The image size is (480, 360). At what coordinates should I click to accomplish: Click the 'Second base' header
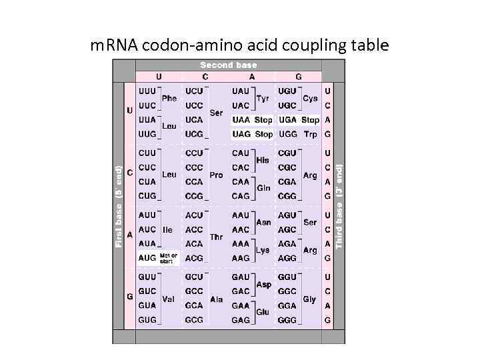pos(228,65)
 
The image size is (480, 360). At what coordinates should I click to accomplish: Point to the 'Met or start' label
pos(169,258)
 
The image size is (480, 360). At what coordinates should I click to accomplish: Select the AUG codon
pos(147,258)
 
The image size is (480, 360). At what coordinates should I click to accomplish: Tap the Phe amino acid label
pos(169,98)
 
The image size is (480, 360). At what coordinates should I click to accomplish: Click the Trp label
pos(310,134)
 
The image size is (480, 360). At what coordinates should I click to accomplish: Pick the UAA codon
pos(241,120)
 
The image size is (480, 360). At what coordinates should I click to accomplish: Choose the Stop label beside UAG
pos(264,134)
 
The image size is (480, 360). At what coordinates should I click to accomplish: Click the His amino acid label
pos(263,160)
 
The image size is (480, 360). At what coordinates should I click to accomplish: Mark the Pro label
pos(216,175)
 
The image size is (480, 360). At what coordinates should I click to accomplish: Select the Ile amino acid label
pos(167,229)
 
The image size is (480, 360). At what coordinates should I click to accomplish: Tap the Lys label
pos(263,251)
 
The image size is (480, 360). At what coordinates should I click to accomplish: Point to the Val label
pos(168,299)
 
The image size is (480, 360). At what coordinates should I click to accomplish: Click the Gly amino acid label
pos(309,299)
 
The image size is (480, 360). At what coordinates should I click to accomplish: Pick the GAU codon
pos(241,277)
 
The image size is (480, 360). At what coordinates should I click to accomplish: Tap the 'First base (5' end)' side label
pos(119,207)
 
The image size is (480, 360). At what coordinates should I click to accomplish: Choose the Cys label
pos(310,98)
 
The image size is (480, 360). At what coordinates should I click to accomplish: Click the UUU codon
pos(147,91)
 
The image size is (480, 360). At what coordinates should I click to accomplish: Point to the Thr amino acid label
pos(216,237)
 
